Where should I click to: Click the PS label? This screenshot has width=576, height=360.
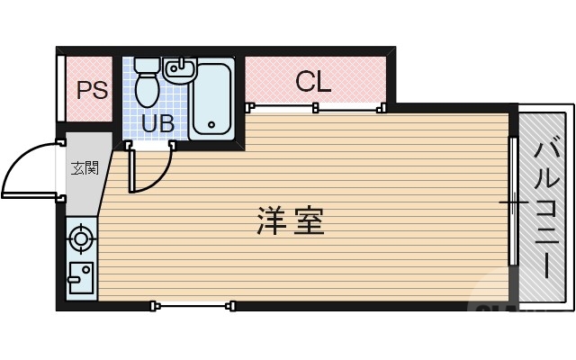91,91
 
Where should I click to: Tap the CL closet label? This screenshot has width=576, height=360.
313,82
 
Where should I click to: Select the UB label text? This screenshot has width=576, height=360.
157,123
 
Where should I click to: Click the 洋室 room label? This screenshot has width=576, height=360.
290,220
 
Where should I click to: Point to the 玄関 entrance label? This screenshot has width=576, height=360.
85,167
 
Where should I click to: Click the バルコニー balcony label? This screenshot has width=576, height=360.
545,208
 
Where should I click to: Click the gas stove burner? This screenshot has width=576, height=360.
82,239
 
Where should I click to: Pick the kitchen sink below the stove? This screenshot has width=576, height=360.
81,279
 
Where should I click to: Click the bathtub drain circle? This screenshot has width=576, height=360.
212,126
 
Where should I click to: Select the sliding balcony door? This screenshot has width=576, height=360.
514,202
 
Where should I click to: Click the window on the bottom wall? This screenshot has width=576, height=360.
193,306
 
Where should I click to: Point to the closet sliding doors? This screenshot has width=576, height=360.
315,107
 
